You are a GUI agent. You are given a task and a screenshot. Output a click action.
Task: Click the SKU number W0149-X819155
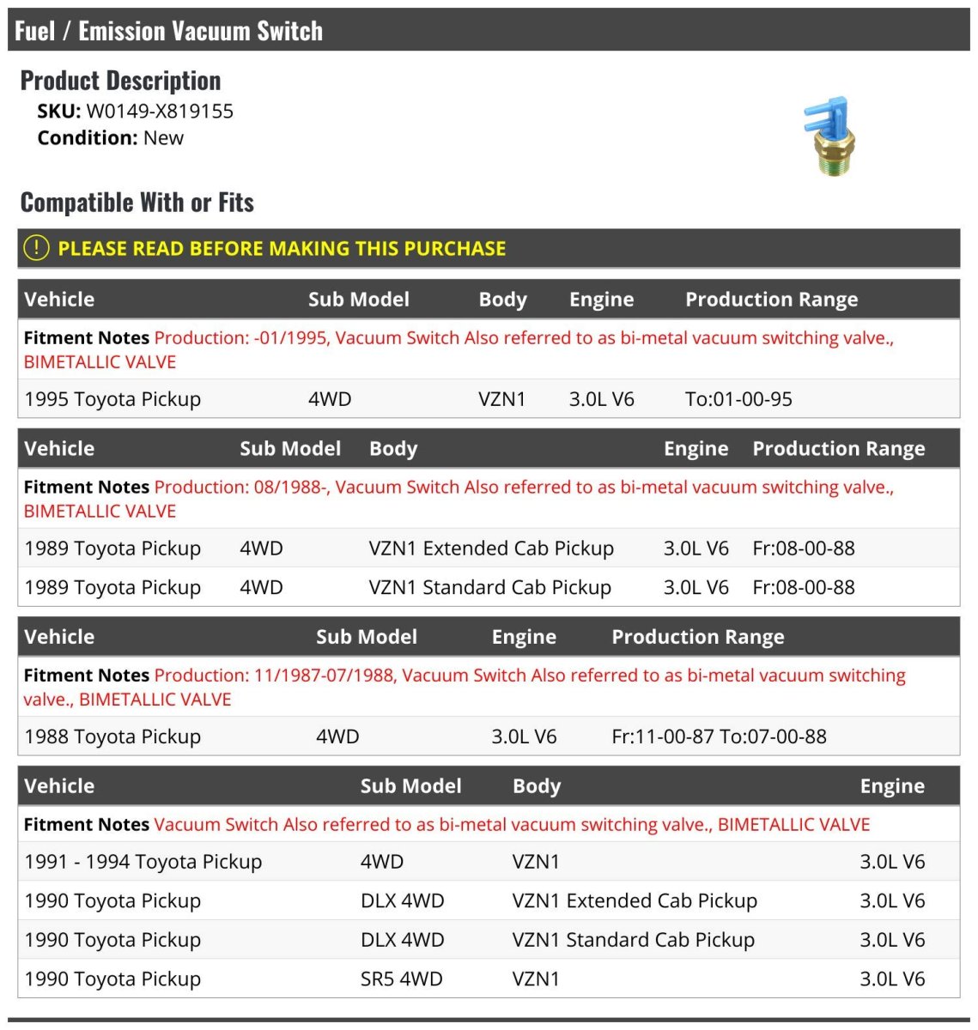tap(160, 112)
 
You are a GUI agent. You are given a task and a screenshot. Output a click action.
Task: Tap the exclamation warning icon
tap(36, 248)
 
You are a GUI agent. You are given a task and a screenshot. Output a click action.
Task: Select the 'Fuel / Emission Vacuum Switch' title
tap(168, 31)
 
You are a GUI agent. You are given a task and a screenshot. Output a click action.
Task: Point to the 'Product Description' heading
tap(120, 81)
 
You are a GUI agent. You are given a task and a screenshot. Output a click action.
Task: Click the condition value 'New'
tap(163, 138)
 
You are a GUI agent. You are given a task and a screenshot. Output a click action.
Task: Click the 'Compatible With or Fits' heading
tap(137, 203)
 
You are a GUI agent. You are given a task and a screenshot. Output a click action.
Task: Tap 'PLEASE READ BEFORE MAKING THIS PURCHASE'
tap(282, 249)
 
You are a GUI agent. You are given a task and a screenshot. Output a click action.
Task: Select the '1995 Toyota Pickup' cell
tap(112, 399)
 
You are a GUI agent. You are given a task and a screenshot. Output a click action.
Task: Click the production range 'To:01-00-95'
tap(738, 399)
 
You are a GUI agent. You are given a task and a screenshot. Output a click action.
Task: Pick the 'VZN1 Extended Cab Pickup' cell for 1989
tap(491, 548)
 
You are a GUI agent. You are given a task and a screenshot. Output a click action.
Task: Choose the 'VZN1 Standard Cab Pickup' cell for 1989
tap(489, 588)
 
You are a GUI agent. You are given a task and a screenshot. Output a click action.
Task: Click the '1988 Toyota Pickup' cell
tap(112, 736)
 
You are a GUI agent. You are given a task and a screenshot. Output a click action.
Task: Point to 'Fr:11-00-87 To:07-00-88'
tap(719, 736)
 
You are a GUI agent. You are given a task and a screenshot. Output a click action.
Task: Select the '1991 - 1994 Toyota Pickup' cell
tap(143, 862)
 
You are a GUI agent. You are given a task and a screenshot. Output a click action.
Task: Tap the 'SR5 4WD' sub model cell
tap(401, 979)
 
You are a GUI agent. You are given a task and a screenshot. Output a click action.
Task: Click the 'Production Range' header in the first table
tap(771, 300)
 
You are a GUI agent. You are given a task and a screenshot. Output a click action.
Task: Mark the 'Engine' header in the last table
tap(892, 786)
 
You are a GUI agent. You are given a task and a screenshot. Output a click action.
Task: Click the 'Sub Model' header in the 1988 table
tap(367, 637)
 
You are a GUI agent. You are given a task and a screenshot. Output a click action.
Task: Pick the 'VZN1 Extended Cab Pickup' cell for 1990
tap(635, 901)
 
